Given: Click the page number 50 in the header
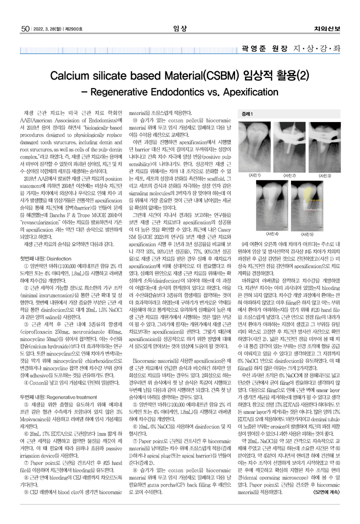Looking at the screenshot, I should click(24, 28).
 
